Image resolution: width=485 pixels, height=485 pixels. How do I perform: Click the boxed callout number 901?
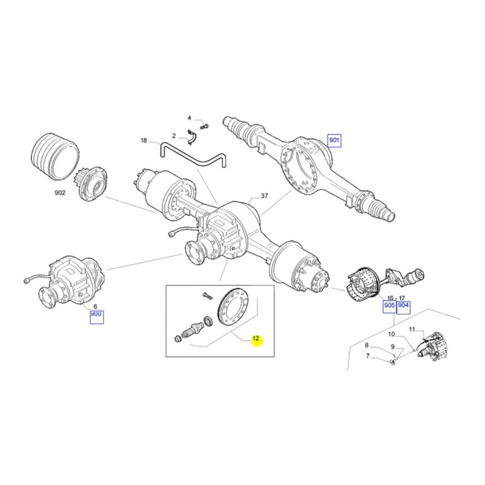(x=334, y=140)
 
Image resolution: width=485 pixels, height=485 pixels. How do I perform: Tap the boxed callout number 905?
(x=389, y=305)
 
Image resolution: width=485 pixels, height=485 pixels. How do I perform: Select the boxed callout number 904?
(x=403, y=305)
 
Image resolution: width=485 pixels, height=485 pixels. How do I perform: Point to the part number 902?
(x=60, y=192)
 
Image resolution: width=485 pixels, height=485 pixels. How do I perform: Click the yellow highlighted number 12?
(x=256, y=339)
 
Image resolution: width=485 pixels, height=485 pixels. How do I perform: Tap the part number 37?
(x=264, y=196)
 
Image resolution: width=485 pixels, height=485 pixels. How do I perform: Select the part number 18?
(x=144, y=140)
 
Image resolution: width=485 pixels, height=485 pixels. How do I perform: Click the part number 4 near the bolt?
(x=189, y=118)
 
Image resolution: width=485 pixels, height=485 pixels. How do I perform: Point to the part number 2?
(x=174, y=136)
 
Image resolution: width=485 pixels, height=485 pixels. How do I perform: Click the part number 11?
(x=411, y=330)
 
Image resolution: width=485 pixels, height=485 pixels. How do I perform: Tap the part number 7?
(x=368, y=355)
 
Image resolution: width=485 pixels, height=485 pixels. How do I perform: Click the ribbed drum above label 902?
(x=55, y=157)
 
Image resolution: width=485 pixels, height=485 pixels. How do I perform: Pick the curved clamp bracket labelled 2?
(x=192, y=136)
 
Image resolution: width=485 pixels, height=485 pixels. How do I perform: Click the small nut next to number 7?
(x=392, y=361)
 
